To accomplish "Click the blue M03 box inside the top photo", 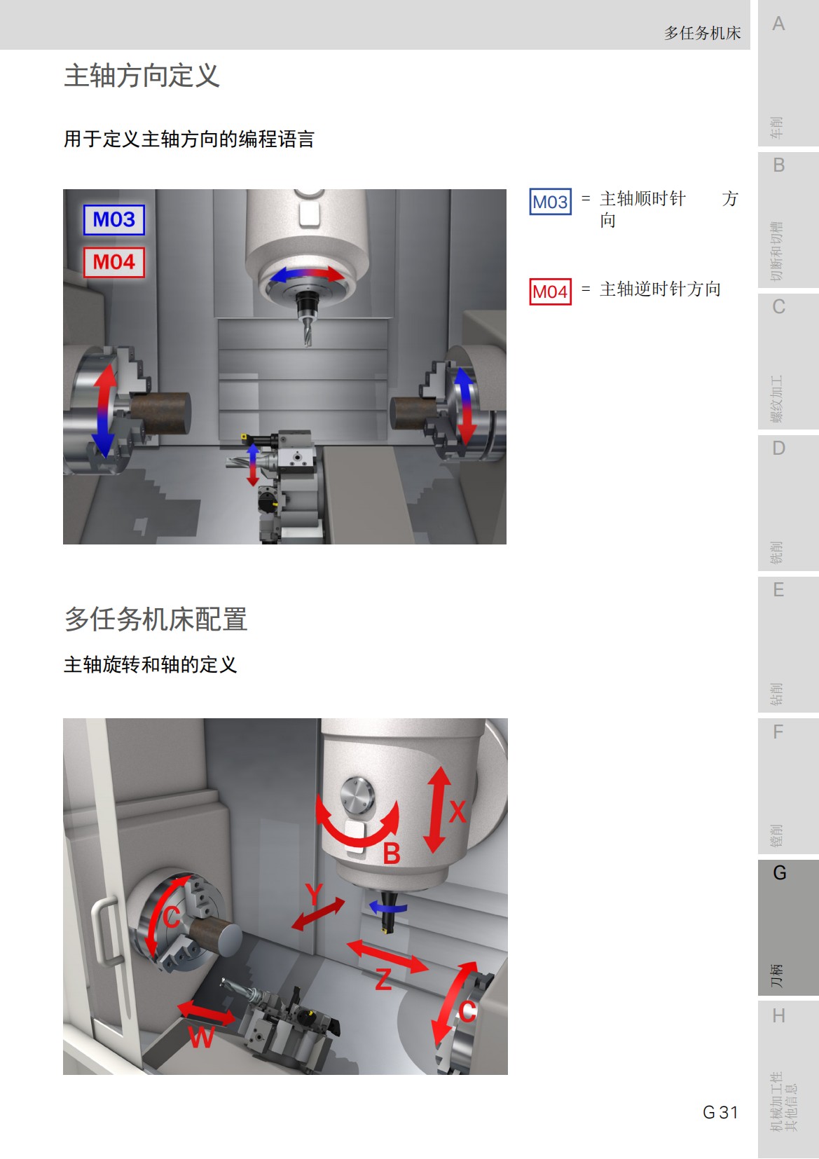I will (x=114, y=220).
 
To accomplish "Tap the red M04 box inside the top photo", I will (x=114, y=263).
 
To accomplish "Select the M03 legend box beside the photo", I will (x=550, y=202).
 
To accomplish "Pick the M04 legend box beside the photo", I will (x=550, y=292).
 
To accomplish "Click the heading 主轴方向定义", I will (x=142, y=76).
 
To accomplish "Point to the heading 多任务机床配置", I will (x=156, y=619).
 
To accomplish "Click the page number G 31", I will (x=720, y=1112).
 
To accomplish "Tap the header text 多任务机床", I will (x=702, y=33).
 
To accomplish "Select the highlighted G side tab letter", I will (x=779, y=873).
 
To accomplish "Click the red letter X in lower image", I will (x=457, y=812).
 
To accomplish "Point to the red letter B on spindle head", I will (x=392, y=853).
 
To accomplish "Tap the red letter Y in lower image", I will (x=315, y=893).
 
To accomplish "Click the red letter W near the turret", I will (x=201, y=1036).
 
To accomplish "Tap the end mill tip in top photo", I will (x=307, y=342).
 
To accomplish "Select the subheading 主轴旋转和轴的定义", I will (x=150, y=664).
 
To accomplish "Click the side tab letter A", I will (x=778, y=25).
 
